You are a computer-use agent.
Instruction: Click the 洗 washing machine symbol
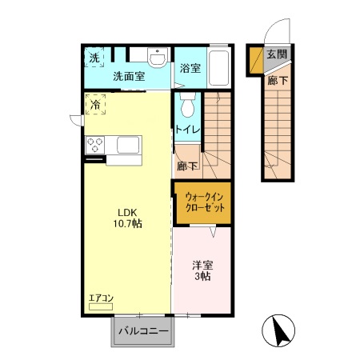[94, 58]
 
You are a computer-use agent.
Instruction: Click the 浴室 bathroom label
[190, 69]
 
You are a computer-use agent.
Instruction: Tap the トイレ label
[187, 129]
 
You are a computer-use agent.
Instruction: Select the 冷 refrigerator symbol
[96, 104]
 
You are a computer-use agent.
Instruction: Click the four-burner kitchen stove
[96, 145]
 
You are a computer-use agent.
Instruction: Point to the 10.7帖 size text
[130, 225]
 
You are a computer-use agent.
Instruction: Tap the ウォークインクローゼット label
[204, 201]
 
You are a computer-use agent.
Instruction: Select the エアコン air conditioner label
[102, 299]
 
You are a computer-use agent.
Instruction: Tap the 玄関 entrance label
[277, 54]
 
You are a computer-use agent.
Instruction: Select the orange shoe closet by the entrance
[256, 59]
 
